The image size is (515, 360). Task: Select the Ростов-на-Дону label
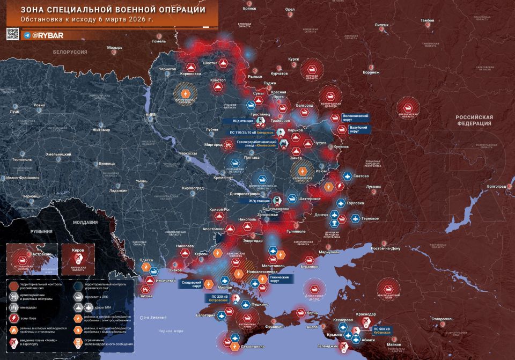click(x=383, y=248)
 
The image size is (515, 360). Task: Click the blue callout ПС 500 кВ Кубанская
click(x=382, y=330)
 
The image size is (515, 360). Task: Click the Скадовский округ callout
click(x=192, y=283)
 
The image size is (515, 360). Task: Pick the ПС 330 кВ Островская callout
click(x=218, y=298)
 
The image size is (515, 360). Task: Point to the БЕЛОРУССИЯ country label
click(x=70, y=52)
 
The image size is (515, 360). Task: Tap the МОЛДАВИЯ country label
click(x=85, y=222)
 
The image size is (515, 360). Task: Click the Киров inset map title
click(x=78, y=250)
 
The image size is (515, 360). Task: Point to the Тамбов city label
click(x=428, y=20)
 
